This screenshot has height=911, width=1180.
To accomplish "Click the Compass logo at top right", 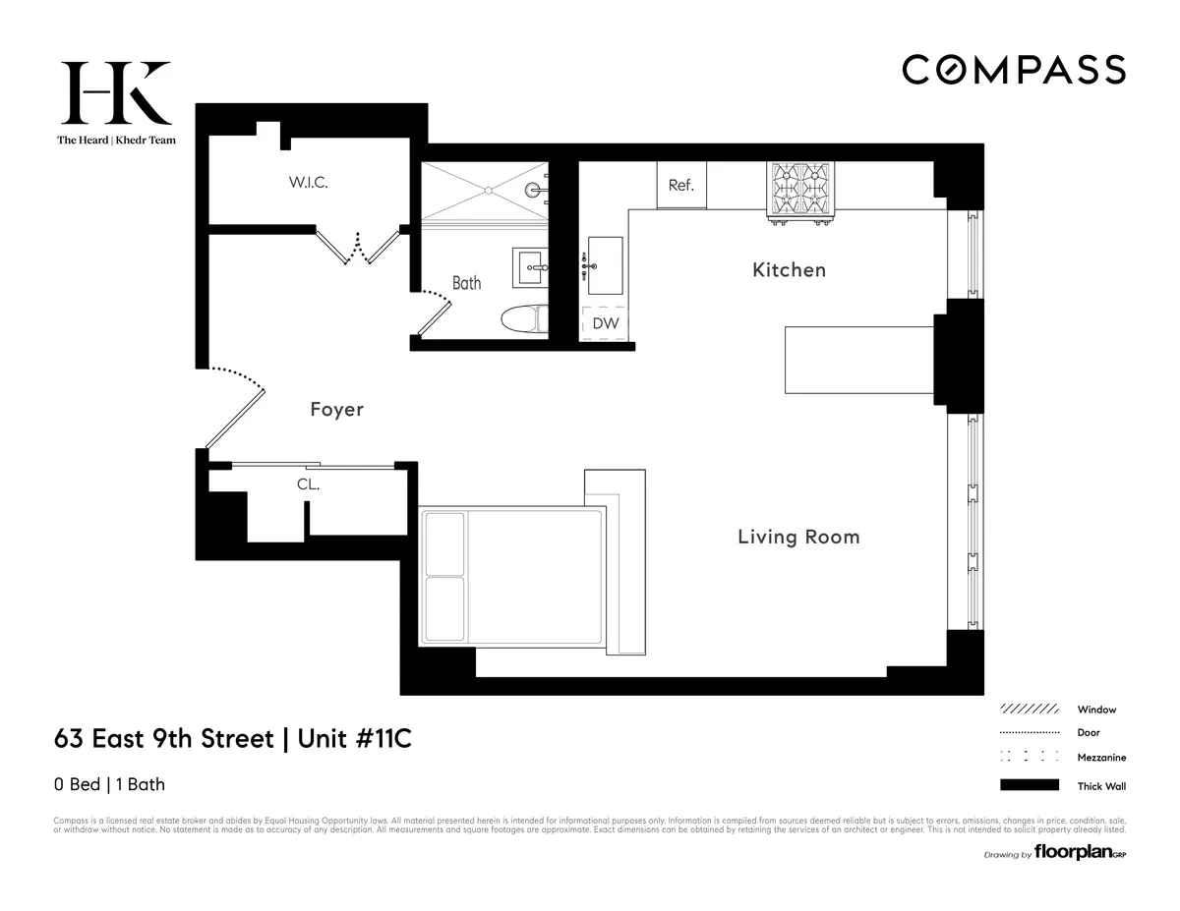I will click(1014, 70).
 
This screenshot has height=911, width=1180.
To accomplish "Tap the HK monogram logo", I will click(116, 93).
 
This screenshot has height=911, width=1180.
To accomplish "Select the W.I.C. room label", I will click(308, 183).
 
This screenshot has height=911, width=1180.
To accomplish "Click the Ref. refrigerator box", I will click(681, 185).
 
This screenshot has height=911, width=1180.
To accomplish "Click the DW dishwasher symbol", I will click(605, 322).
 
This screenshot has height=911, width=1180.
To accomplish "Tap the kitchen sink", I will click(605, 265).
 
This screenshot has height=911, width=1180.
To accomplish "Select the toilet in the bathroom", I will click(521, 319).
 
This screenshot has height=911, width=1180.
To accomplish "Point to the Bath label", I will click(467, 283).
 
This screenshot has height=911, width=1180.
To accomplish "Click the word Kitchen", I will click(789, 269).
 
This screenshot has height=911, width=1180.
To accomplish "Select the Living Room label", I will click(798, 537).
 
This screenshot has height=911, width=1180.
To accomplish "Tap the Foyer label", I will click(337, 410).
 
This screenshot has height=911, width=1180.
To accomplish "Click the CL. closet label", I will click(309, 484).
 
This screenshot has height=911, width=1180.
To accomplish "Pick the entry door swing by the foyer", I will click(236, 408).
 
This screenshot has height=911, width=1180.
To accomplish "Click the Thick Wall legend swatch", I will click(1029, 785).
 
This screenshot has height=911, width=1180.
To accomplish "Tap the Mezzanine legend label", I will click(1101, 758).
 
